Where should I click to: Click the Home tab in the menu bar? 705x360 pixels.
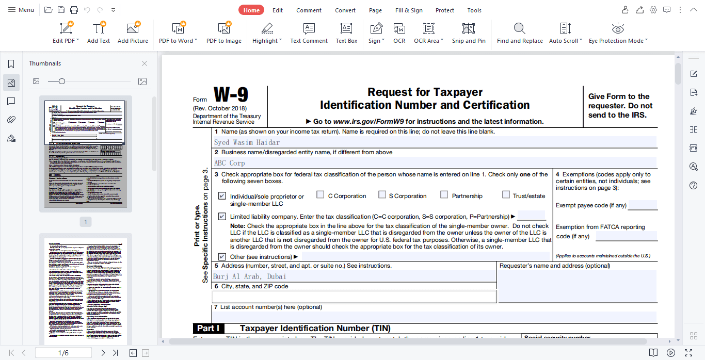click(251, 10)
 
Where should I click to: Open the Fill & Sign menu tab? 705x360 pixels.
click(409, 10)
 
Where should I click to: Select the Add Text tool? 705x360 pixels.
click(99, 32)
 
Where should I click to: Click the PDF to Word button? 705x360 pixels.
click(178, 32)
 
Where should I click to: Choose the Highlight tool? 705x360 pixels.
click(267, 32)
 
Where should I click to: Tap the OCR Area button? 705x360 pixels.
click(428, 32)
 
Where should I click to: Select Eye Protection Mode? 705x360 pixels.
click(618, 32)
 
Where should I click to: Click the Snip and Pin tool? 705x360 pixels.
click(469, 32)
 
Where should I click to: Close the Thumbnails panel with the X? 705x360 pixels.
click(145, 63)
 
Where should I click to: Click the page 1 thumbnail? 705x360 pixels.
click(85, 154)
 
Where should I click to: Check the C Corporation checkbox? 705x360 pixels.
click(321, 195)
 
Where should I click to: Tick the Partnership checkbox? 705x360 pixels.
click(444, 195)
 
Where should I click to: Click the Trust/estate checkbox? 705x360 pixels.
click(506, 195)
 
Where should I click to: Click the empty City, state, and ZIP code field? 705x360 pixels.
click(354, 297)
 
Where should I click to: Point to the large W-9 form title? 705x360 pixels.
click(231, 95)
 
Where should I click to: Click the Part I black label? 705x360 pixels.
click(209, 329)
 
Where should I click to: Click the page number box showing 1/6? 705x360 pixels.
click(63, 353)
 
